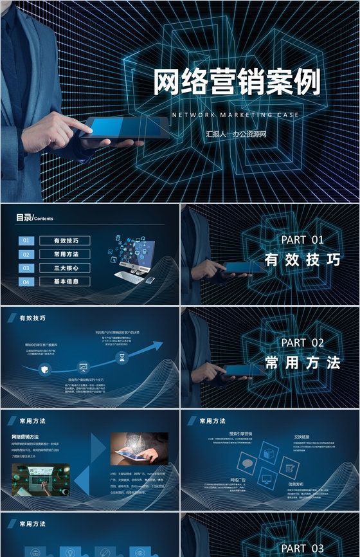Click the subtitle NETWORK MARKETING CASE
235,115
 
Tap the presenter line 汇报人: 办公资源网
235,134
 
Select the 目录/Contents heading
35,218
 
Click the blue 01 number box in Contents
26,241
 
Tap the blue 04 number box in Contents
26,282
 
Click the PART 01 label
302,240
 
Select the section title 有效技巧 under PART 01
302,260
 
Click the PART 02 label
302,342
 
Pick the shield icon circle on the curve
44,369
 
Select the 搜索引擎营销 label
241,434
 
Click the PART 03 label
302,548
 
